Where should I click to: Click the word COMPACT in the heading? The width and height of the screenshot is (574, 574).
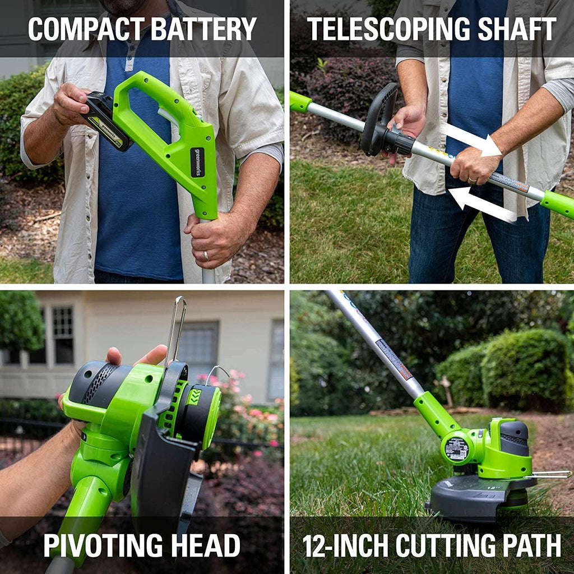point(85,29)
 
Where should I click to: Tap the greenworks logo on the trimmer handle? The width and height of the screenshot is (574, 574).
point(197,162)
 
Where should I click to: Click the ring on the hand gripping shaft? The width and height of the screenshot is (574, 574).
point(206,256)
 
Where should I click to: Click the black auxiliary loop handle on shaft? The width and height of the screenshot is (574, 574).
point(379,118)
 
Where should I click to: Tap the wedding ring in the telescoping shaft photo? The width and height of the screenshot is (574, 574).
point(472,179)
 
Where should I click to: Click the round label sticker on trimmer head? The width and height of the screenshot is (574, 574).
point(456,449)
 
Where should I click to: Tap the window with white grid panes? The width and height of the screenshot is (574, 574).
point(63,335)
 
